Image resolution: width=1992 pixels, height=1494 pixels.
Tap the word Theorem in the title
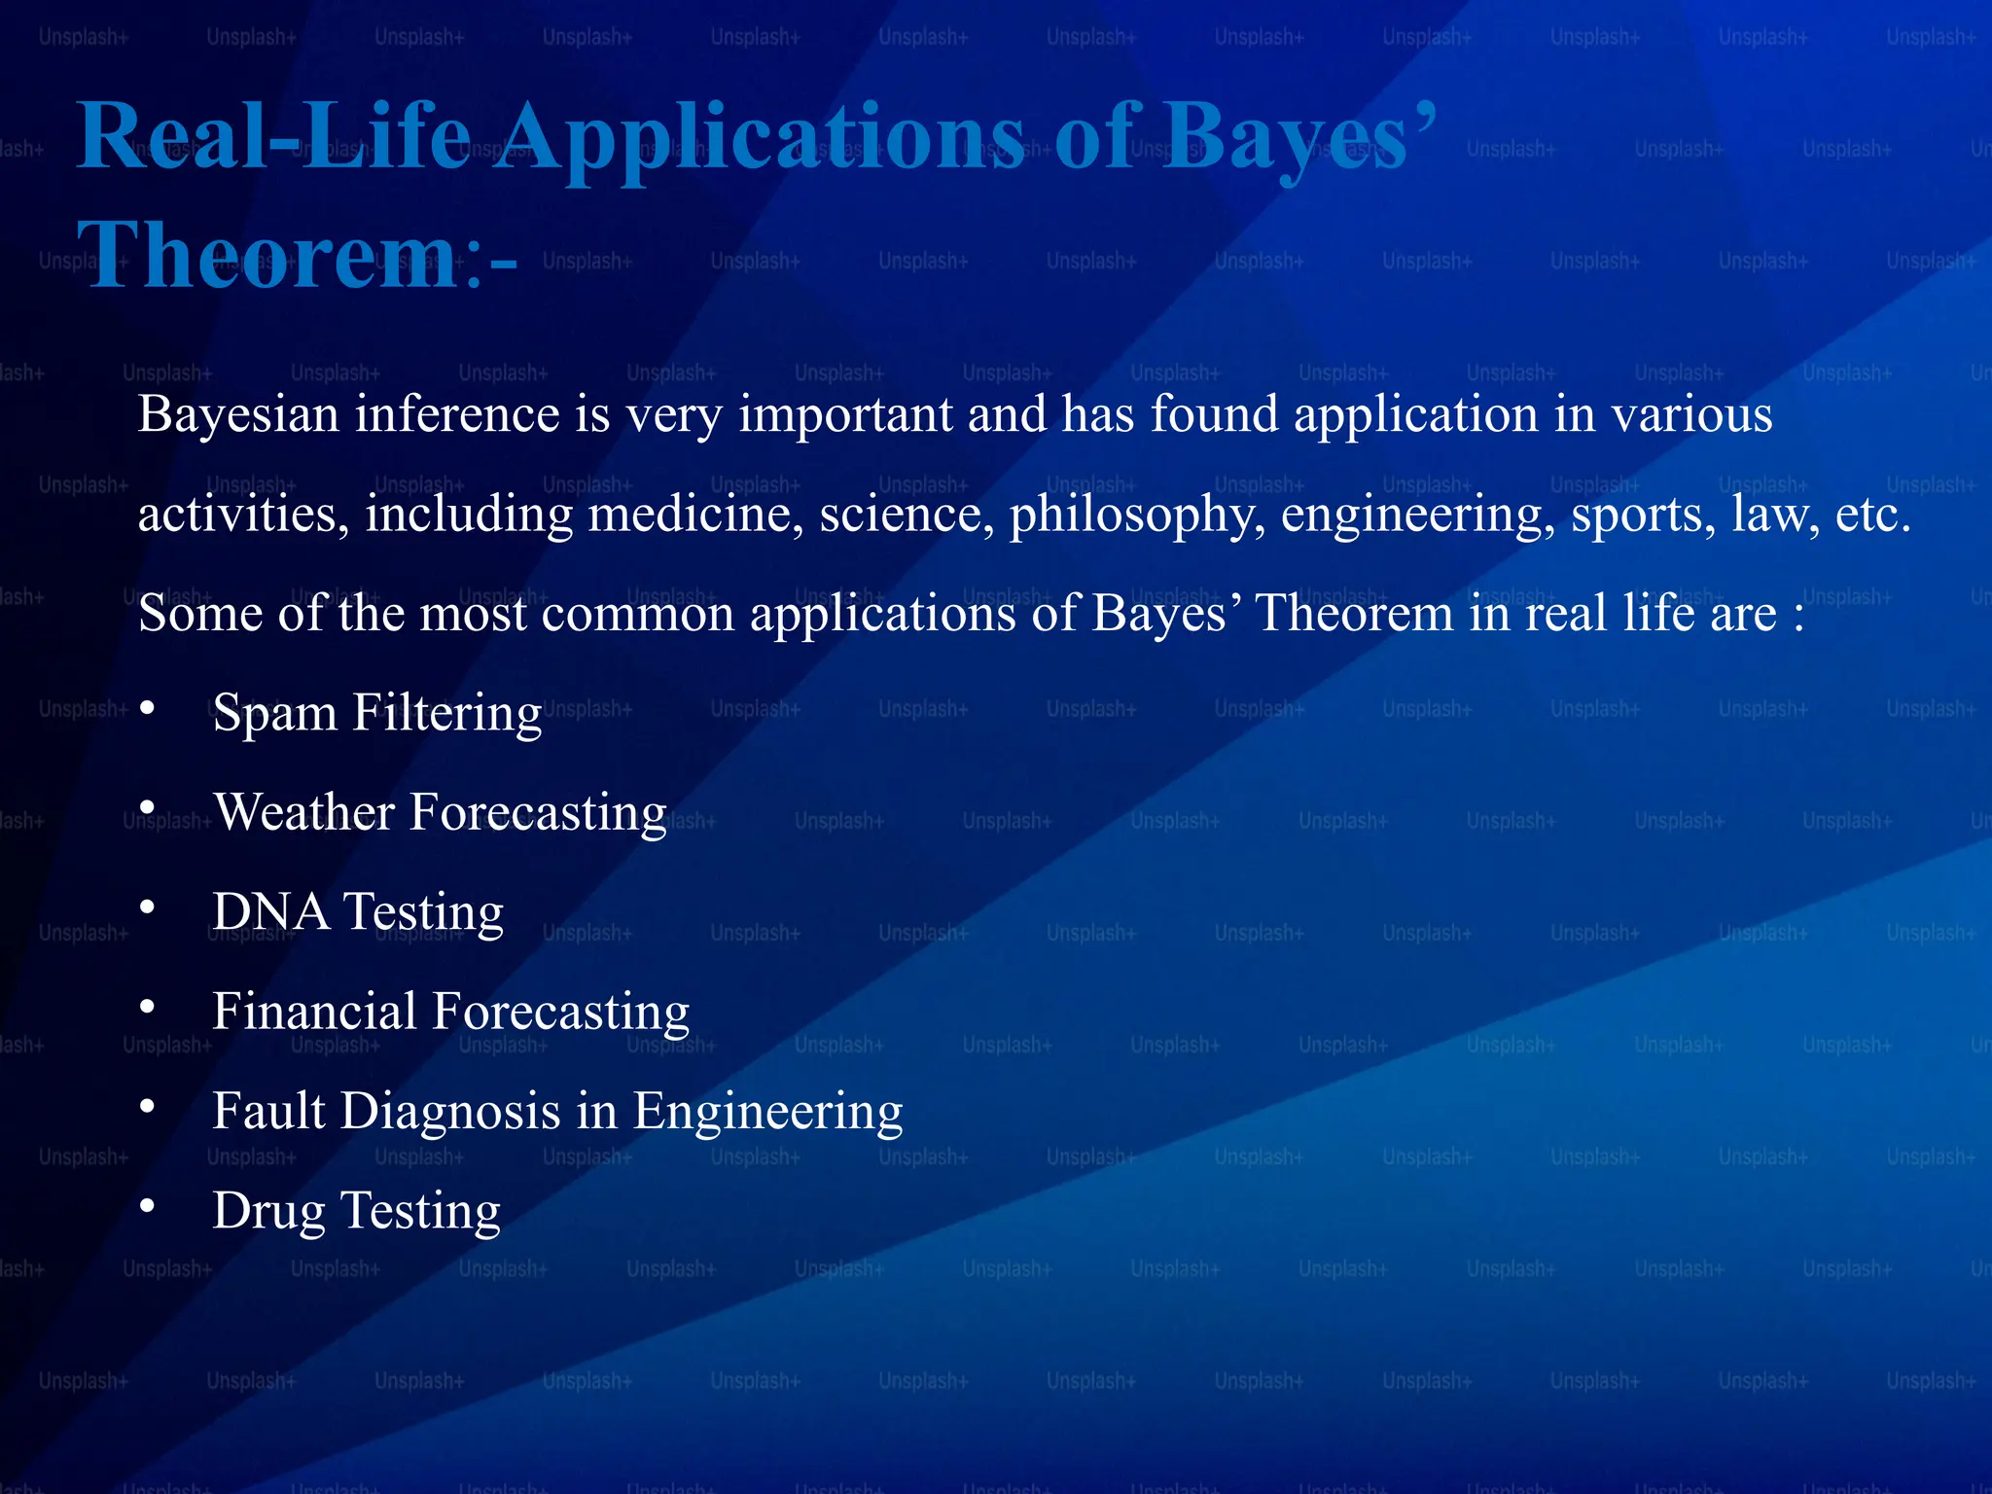(x=267, y=256)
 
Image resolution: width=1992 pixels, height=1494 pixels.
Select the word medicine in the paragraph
(x=695, y=515)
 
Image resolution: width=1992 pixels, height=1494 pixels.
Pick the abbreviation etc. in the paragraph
(x=1872, y=515)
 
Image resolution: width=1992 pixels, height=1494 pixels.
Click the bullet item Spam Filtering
(x=377, y=713)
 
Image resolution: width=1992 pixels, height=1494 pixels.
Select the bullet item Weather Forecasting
(x=440, y=812)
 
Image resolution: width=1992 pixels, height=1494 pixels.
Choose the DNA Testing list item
(x=358, y=912)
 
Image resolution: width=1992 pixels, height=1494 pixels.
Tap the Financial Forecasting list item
(x=450, y=1012)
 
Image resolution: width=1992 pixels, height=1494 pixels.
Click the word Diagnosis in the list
(x=478, y=1112)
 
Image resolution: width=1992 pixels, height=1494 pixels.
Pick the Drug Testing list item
(x=356, y=1211)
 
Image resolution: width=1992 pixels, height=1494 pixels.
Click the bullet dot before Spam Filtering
(x=147, y=708)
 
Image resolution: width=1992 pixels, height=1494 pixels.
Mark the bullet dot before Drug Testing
(x=147, y=1206)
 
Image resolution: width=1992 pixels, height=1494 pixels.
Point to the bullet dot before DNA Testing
(x=147, y=907)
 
